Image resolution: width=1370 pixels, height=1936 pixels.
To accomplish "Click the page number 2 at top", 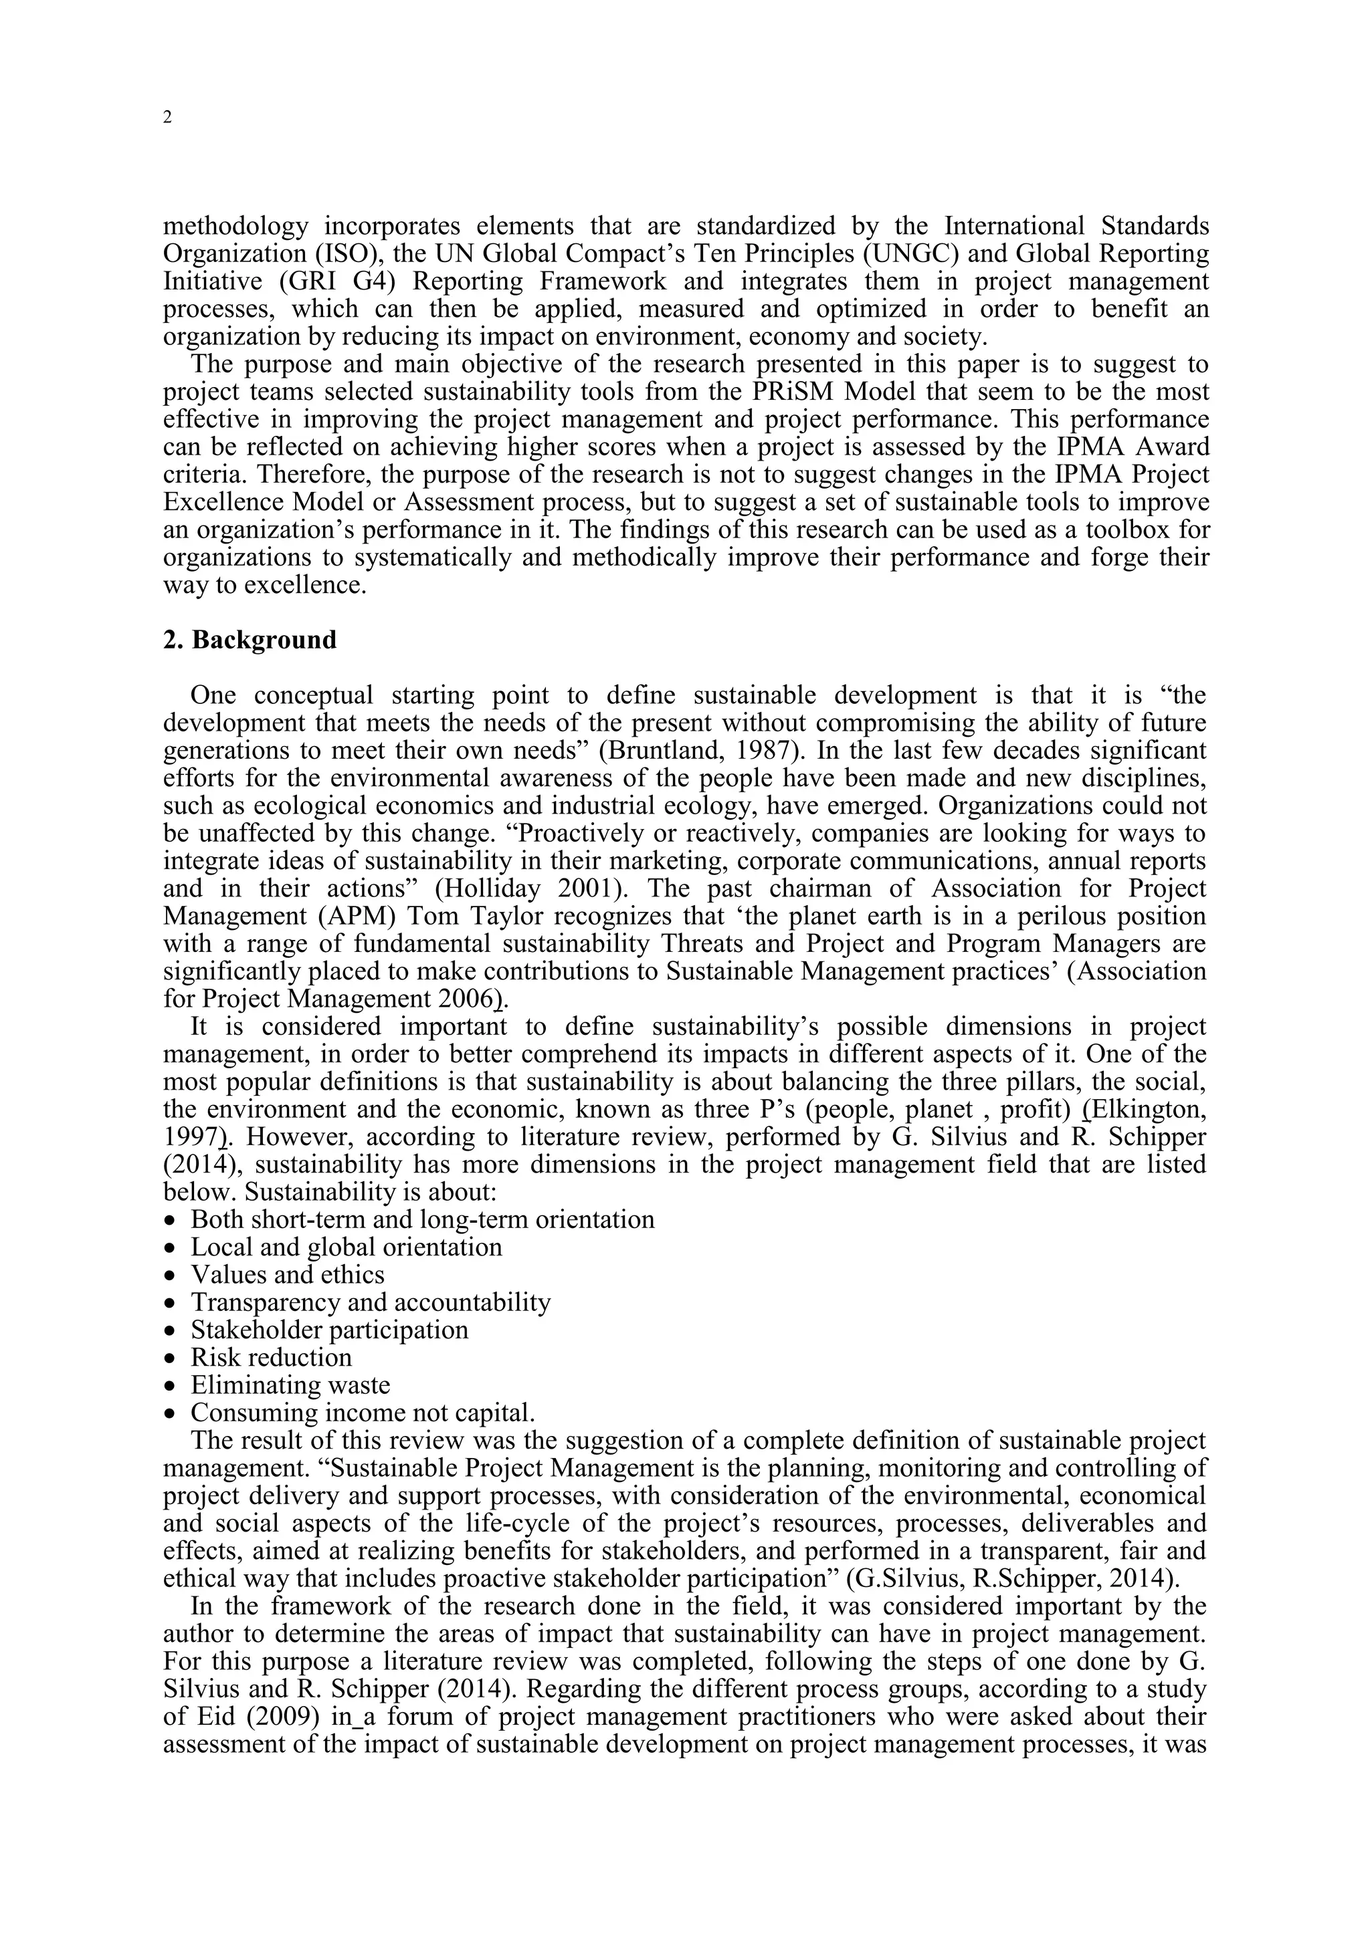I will tap(167, 118).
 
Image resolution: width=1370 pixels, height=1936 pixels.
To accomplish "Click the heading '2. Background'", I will tap(250, 640).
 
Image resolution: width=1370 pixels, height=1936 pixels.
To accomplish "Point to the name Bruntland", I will tap(659, 751).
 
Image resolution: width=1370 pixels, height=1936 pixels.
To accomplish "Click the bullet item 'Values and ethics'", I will tap(288, 1275).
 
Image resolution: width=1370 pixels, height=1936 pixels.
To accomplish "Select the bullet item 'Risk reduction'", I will tap(271, 1358).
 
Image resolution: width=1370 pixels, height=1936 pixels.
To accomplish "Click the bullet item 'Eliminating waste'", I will tap(290, 1385).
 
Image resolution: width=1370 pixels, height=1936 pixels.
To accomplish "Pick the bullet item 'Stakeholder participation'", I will tap(329, 1330).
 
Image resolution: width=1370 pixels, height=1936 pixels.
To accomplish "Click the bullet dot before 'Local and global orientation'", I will tap(171, 1249).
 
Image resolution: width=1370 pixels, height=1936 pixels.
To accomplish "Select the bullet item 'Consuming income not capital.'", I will tap(363, 1413).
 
